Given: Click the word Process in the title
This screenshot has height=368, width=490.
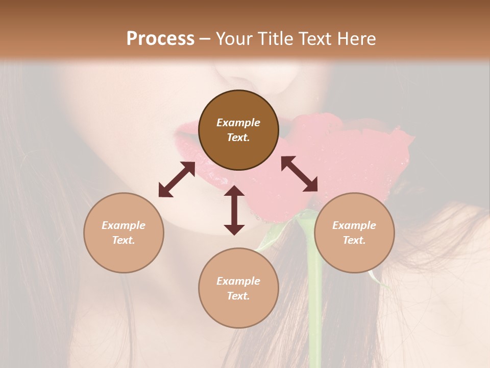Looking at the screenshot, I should coord(160,39).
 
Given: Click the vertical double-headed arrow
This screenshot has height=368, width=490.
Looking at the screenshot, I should coord(234,210).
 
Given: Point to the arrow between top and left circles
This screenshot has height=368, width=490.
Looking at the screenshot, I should coord(177,179).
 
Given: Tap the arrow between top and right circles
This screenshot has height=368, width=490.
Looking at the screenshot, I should coord(299,174).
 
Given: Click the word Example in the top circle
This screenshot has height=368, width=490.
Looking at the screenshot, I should coord(238,123).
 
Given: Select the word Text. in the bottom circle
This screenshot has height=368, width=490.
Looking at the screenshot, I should coord(238,296).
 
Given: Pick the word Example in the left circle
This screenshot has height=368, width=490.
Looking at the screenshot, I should coord(124,225).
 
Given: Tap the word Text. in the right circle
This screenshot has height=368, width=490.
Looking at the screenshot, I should coord(354,240).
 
